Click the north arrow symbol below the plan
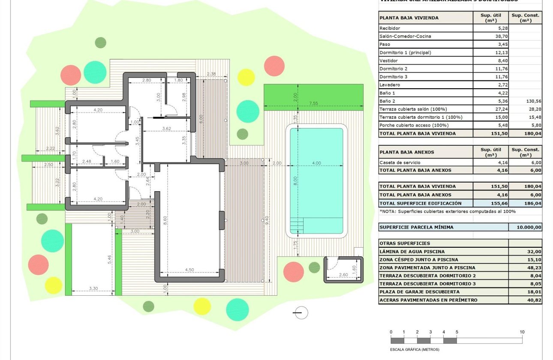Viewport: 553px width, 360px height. tap(301, 313)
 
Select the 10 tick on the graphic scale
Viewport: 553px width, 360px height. tap(522, 332)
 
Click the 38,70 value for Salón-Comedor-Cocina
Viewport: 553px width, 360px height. tap(491, 36)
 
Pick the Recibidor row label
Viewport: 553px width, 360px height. tap(390, 28)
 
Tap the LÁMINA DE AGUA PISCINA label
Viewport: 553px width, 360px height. tap(412, 252)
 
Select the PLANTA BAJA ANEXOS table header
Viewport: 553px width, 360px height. tap(407, 152)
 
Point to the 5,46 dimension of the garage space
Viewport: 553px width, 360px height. tap(110, 258)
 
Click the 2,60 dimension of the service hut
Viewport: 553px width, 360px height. tap(343, 274)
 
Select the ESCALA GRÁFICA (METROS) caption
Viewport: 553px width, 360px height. tap(415, 349)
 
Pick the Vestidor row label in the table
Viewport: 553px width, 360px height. tap(388, 61)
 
